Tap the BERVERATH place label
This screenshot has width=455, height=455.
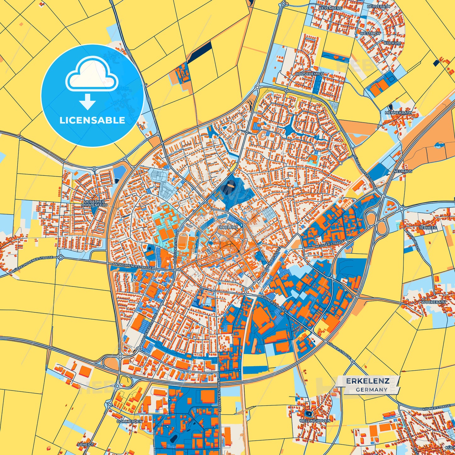378,6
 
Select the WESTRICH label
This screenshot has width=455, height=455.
370,33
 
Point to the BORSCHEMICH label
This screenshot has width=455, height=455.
310,74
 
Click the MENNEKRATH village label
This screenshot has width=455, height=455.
398,112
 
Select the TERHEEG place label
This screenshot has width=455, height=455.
428,228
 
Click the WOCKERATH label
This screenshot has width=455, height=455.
434,302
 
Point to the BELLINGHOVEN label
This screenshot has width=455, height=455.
315,421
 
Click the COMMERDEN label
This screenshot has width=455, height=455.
129,421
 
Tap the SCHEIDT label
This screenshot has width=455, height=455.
85,445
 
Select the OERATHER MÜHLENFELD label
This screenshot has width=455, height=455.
94,203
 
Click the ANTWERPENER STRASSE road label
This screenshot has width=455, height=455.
132,266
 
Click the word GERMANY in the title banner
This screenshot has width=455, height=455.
372,390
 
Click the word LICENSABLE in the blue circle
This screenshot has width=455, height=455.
92,120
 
